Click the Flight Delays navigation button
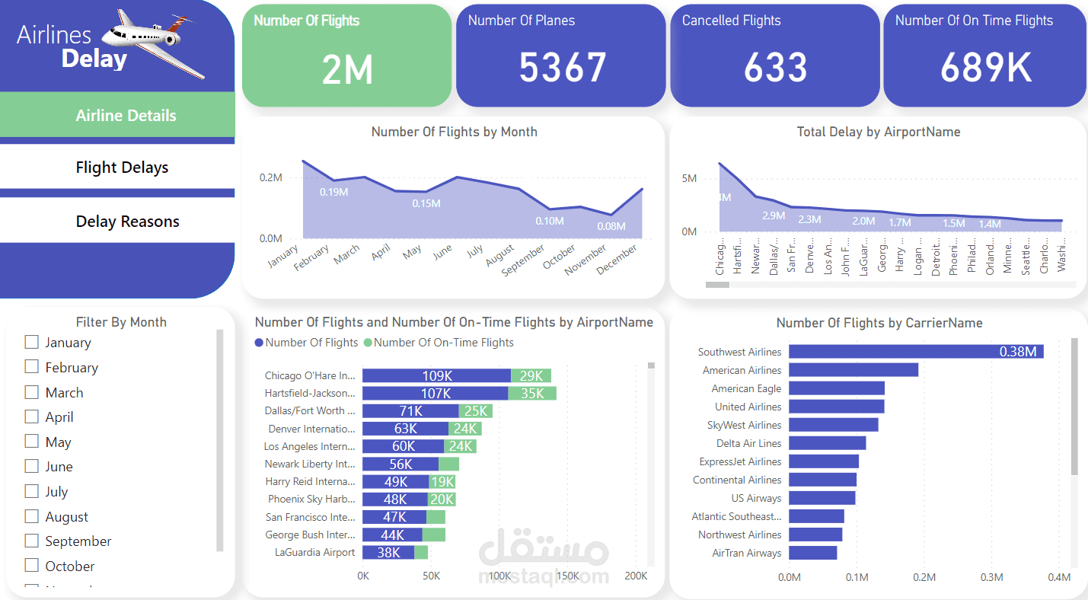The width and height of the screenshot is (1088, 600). pyautogui.click(x=122, y=168)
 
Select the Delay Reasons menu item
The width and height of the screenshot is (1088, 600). pyautogui.click(x=127, y=222)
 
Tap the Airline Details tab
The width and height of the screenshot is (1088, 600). pyautogui.click(x=126, y=116)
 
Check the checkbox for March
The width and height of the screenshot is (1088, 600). pyautogui.click(x=32, y=392)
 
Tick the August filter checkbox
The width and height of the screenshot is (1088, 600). pyautogui.click(x=32, y=516)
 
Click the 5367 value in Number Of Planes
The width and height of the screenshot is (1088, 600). pyautogui.click(x=562, y=68)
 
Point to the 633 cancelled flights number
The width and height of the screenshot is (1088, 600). pyautogui.click(x=775, y=68)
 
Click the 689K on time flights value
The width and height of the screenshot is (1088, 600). pyautogui.click(x=986, y=68)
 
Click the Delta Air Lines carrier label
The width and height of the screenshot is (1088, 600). pyautogui.click(x=748, y=443)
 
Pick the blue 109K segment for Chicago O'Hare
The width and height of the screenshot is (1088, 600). pyautogui.click(x=436, y=375)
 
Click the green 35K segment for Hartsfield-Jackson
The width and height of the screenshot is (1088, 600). pyautogui.click(x=531, y=394)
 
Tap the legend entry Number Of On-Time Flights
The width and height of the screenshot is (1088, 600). pyautogui.click(x=443, y=343)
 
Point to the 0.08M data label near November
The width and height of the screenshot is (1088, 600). pyautogui.click(x=611, y=226)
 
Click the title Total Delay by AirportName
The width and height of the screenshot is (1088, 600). pyautogui.click(x=878, y=132)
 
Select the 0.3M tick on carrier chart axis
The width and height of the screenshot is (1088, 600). pyautogui.click(x=992, y=577)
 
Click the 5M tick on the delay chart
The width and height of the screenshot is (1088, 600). pyautogui.click(x=689, y=178)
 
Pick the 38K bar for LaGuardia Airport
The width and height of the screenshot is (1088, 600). pyautogui.click(x=388, y=553)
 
